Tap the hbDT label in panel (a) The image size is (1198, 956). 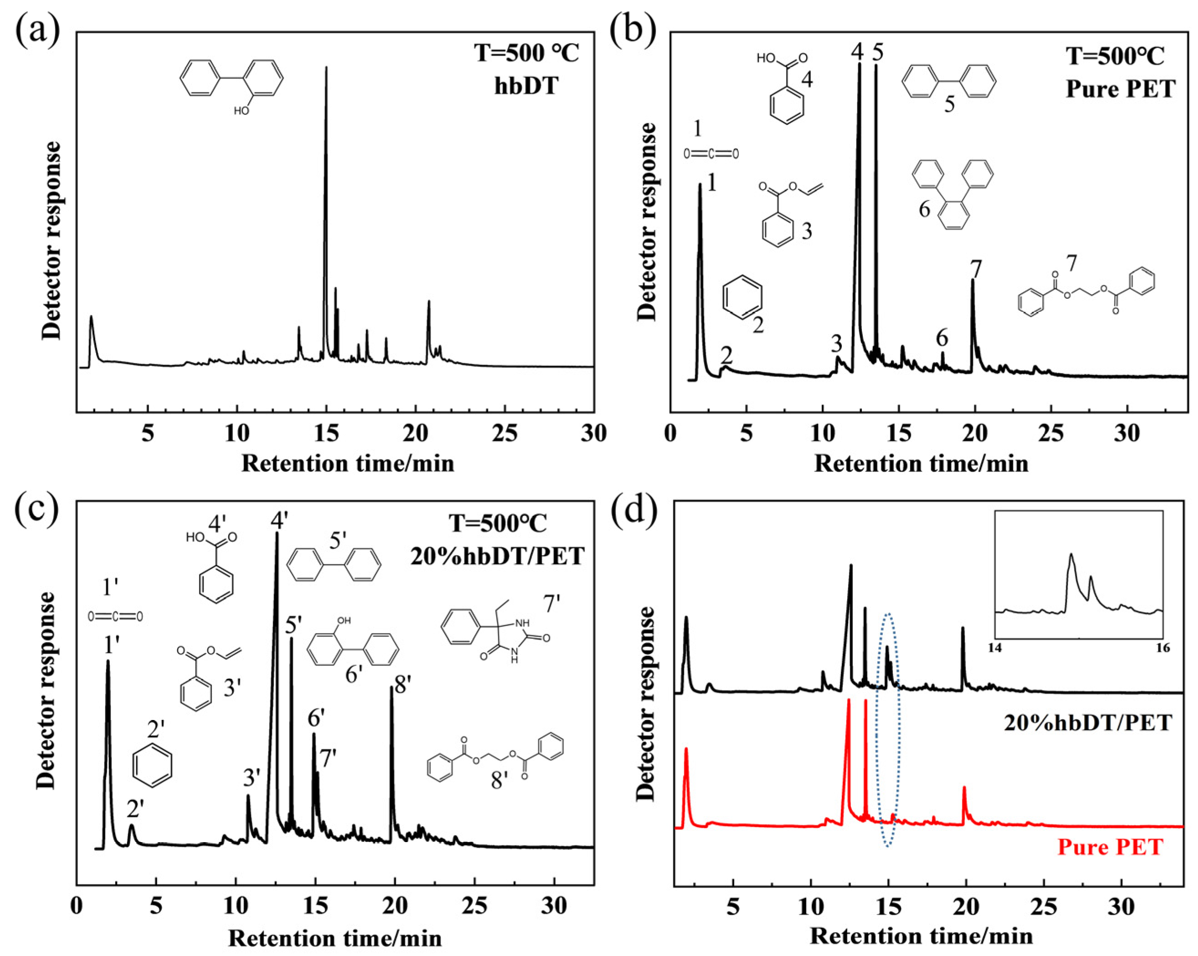[526, 87]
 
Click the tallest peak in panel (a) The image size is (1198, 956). [326, 69]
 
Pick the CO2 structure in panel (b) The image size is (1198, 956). [711, 153]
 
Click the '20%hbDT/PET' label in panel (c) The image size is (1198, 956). [497, 556]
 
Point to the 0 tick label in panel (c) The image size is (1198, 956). [77, 905]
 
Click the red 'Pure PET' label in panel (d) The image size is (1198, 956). [1110, 847]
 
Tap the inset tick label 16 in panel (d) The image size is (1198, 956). [1162, 648]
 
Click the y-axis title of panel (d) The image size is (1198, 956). [645, 703]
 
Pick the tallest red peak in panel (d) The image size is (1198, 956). [848, 701]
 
